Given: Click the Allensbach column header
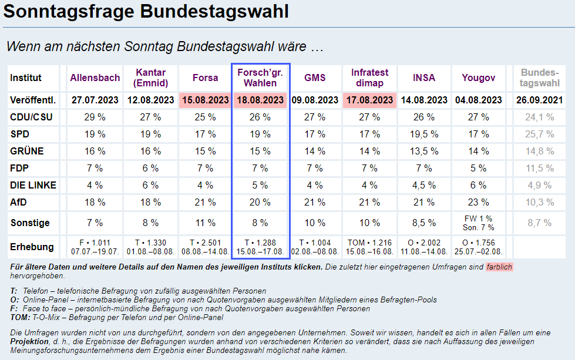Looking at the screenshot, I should pos(95,78).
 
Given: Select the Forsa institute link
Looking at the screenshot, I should pos(205,78).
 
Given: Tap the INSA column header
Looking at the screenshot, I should pos(424,78).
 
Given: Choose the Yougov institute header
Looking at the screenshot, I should pos(479,78).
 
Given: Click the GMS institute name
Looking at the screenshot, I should pos(315,78).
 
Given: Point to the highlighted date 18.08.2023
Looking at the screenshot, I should pos(260,100).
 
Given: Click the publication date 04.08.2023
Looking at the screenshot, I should pos(479,100).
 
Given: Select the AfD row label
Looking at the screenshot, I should pos(19,203).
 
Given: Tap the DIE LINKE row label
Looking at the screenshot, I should pos(33,186).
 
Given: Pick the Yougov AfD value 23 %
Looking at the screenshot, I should pos(479,203).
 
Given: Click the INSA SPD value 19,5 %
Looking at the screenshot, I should pos(424,134).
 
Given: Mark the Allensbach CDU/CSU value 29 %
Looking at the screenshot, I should pos(95,117).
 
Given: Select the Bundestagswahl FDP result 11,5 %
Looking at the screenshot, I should pos(540,169).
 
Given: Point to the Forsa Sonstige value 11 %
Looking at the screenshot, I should pos(205,223).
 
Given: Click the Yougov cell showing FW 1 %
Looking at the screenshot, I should pos(479,219).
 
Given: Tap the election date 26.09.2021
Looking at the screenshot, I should pos(540,100).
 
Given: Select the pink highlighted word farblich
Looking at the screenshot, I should pos(499,267).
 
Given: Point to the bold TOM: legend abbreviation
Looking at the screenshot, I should pos(19,318).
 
